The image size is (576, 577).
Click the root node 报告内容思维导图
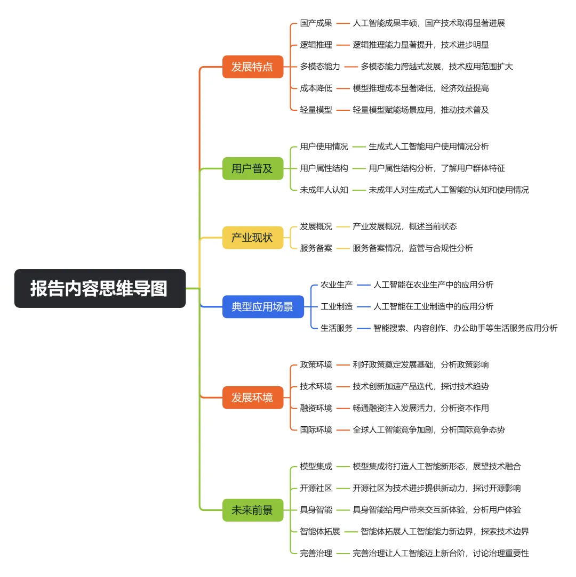point(100,288)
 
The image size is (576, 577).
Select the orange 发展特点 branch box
point(252,67)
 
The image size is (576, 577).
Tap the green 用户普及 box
point(252,168)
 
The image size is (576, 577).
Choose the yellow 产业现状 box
point(252,237)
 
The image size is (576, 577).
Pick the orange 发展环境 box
point(252,397)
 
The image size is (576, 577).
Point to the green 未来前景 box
point(252,510)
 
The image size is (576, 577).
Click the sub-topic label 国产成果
point(316,23)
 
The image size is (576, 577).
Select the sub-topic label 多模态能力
point(319,67)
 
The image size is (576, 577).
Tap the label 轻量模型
point(316,110)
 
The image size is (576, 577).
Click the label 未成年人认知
point(324,190)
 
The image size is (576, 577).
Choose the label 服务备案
point(316,248)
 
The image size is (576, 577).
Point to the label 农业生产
point(337,285)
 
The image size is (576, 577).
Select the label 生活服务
point(337,328)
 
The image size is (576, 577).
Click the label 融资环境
point(316,408)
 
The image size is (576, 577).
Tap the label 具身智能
point(316,510)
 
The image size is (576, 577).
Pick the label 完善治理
point(316,553)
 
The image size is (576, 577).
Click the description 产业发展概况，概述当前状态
point(404,226)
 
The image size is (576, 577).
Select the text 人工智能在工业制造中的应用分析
point(433,306)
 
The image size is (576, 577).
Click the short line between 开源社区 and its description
point(342,488)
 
